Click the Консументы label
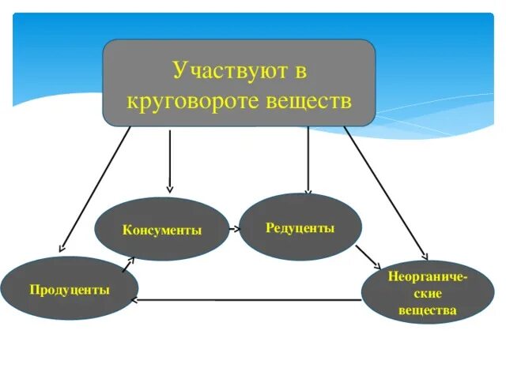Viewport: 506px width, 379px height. pos(162,230)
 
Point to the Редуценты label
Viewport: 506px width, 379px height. pos(300,227)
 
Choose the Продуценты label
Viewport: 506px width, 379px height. pos(70,289)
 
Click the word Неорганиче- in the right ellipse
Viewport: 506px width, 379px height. pos(428,279)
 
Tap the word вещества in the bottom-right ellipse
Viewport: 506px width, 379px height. pos(428,310)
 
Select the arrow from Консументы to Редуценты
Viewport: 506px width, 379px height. pos(234,229)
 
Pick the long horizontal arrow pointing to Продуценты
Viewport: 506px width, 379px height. pos(245,300)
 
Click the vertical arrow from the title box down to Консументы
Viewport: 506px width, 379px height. pos(169,162)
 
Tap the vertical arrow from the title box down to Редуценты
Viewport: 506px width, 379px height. pos(308,162)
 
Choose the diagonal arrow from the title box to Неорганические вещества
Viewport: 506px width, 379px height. pos(386,193)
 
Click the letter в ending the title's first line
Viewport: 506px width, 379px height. pos(300,70)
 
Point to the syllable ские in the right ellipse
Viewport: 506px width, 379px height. pos(428,295)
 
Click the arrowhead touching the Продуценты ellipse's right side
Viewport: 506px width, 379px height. pos(134,300)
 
